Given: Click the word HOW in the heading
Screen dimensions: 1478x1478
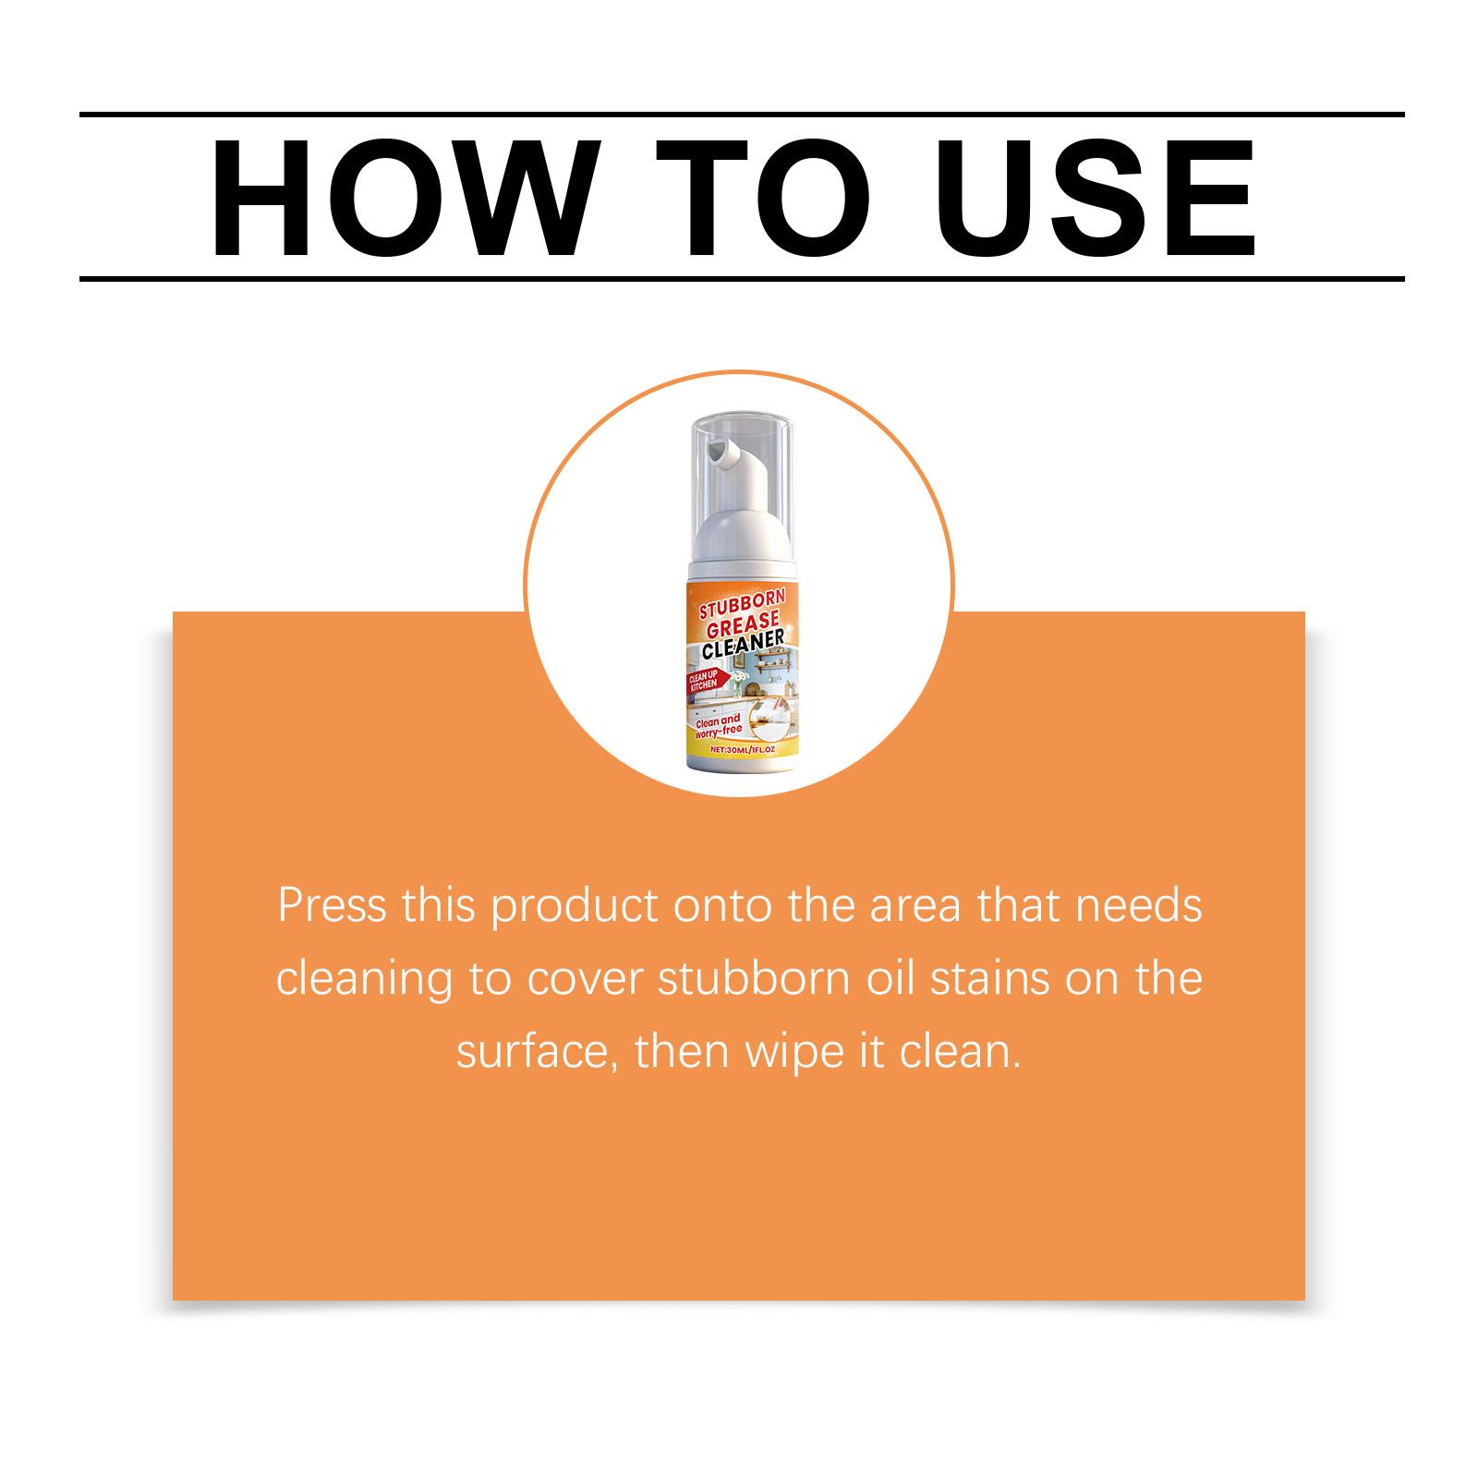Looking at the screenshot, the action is coord(388,198).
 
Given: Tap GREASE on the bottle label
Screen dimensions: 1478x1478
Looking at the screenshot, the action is coord(741,626).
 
